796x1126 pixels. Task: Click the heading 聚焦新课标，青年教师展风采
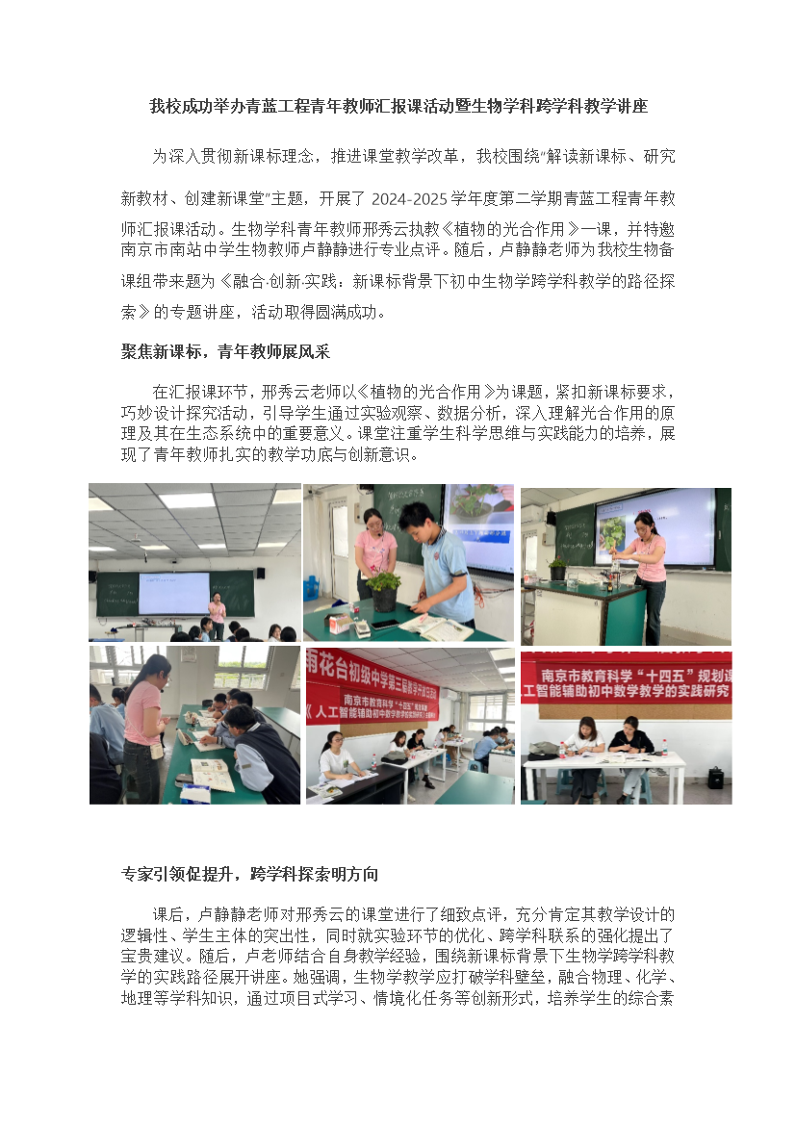coord(225,352)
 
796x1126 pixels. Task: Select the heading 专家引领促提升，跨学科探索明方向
coord(249,874)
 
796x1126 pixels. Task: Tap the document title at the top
coord(398,106)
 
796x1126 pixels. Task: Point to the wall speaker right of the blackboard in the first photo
coord(260,573)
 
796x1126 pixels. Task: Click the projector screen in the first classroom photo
coord(174,593)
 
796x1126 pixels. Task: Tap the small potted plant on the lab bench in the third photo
coord(557,570)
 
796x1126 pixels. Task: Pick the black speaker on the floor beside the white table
coord(715,778)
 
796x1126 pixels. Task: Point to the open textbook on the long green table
coord(213,776)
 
